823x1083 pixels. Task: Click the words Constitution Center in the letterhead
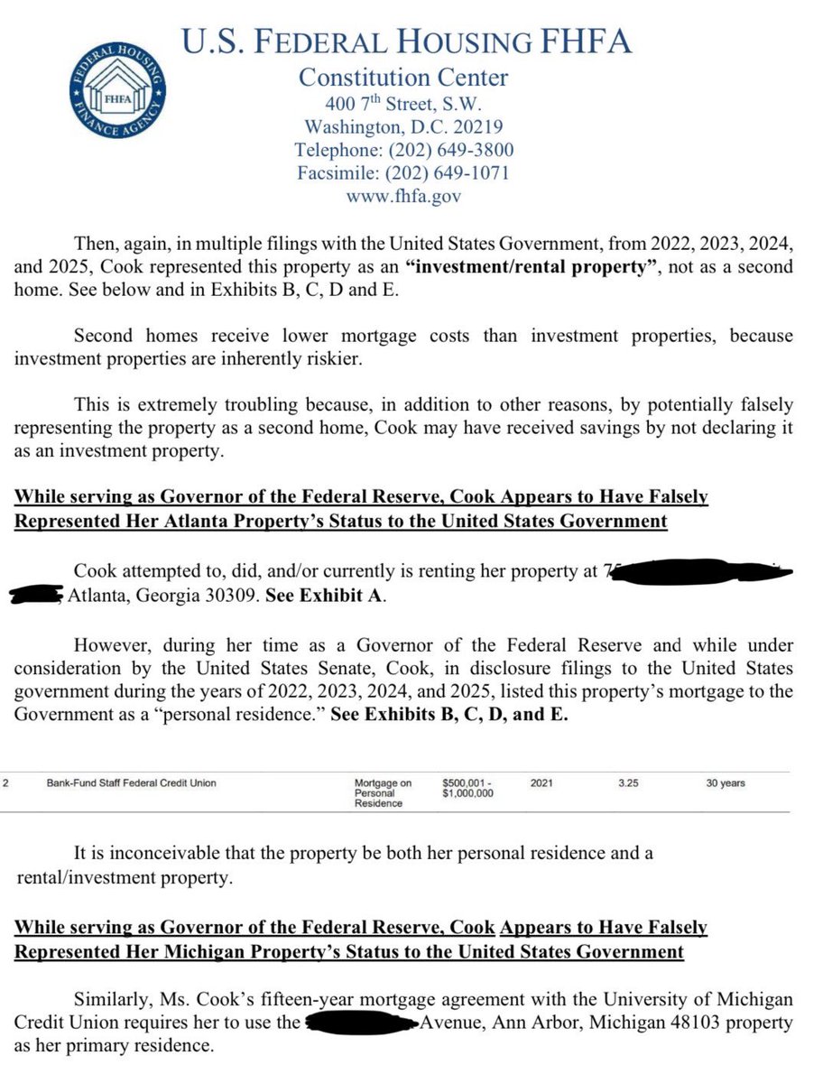[403, 78]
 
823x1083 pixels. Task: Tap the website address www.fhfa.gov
[403, 195]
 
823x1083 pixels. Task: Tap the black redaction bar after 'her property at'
[699, 571]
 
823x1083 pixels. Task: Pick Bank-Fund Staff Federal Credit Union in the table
[132, 783]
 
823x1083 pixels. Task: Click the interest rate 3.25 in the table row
[628, 783]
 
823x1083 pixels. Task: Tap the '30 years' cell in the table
[726, 783]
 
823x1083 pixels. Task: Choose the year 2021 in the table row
[541, 783]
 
